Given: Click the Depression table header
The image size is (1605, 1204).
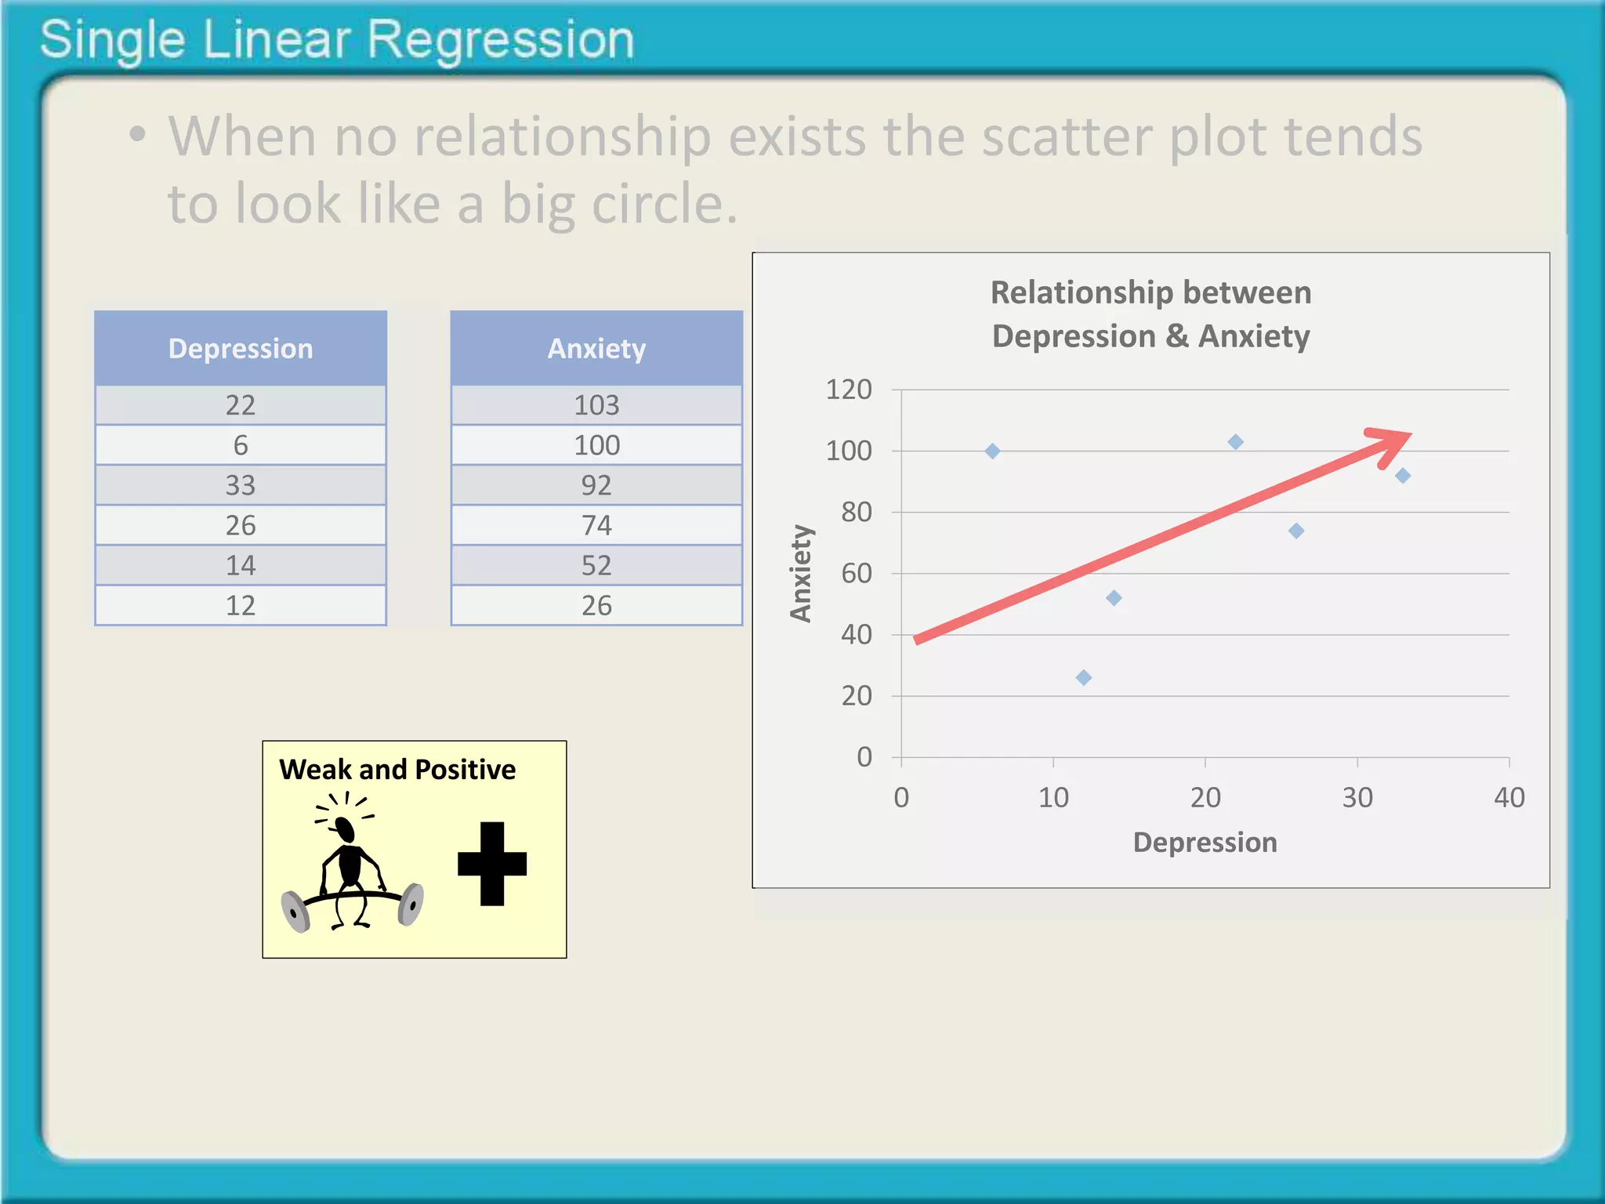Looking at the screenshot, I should pos(241,349).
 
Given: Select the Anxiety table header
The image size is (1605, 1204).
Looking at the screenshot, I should pos(596,349).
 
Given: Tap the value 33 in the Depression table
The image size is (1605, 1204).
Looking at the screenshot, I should pos(241,485).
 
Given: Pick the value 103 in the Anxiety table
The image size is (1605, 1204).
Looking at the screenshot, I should pos(596,405).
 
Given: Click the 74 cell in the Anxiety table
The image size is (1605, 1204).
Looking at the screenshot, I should pos(596,525).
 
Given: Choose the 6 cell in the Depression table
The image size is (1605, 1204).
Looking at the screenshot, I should pos(241,445).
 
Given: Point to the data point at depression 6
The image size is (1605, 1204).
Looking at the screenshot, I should pos(992,451).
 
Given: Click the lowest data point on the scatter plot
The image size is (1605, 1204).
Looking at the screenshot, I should pos(1084,678).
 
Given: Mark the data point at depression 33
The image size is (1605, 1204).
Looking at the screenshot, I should pos(1403,476).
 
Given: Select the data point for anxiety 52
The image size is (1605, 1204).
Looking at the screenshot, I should pos(1114,598).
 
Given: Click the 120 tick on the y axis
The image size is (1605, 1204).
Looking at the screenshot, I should pos(849,390).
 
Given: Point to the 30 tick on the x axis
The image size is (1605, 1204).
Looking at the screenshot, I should pos(1357,798).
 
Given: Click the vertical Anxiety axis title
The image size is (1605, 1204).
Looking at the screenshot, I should pos(800,574).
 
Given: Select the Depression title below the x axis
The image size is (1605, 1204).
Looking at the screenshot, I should pos(1205,843).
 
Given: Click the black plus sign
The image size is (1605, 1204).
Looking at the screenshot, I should pos(492,864).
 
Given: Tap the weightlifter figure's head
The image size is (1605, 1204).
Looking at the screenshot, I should pos(344,828).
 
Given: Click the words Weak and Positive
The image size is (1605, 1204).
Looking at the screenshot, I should pos(397,770).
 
